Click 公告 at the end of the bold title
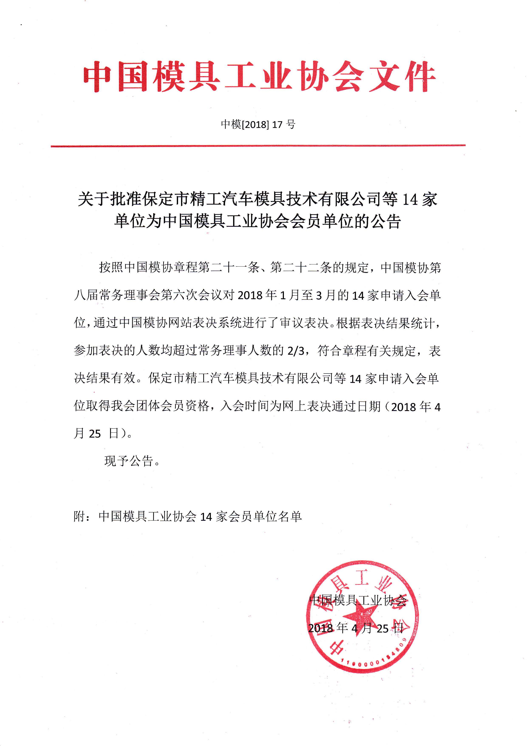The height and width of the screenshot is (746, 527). pyautogui.click(x=386, y=222)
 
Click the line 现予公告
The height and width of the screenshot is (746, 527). pyautogui.click(x=131, y=461)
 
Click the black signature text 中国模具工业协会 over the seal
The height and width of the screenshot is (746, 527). pyautogui.click(x=358, y=601)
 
